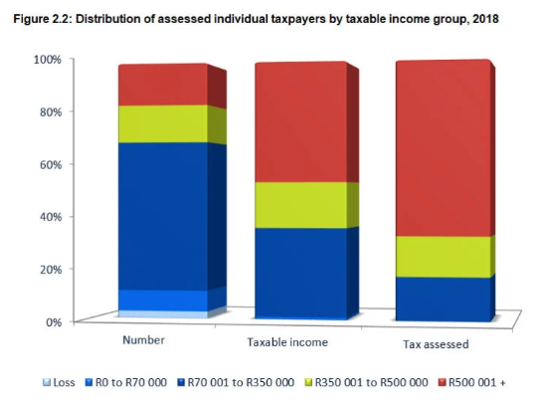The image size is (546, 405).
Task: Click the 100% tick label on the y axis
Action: [x=48, y=60]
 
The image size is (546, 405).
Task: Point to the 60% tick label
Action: [x=51, y=164]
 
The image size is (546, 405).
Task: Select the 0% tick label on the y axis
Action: [x=54, y=322]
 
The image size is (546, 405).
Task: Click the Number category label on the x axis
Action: [x=143, y=340]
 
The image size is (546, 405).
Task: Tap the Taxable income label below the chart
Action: [x=287, y=342]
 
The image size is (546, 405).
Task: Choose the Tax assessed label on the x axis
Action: [x=436, y=344]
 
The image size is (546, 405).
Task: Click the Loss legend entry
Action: [x=59, y=382]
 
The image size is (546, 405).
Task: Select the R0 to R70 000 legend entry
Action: [x=126, y=382]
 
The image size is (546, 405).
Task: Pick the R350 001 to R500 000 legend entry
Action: [x=366, y=382]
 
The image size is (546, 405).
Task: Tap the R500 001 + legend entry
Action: [x=471, y=382]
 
